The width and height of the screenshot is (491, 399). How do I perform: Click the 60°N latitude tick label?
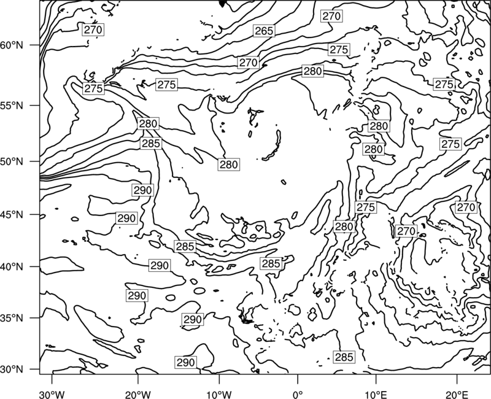pos(12,45)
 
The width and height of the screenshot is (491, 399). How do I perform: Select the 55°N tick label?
pos(12,105)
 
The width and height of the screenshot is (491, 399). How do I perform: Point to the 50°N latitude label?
pos(12,161)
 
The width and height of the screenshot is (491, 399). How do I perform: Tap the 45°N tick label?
pos(12,214)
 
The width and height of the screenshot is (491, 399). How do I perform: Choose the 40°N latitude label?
pos(12,266)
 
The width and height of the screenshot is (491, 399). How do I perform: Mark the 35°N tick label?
pos(12,318)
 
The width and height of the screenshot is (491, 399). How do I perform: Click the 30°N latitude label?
pos(12,370)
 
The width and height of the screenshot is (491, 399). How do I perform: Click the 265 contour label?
pos(264,31)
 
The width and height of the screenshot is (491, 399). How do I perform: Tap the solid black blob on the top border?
pos(222,3)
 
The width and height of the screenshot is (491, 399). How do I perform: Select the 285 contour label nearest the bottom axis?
pos(344,357)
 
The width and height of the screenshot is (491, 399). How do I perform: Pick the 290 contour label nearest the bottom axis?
pos(186,362)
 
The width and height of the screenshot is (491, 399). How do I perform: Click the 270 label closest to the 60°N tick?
pos(93,29)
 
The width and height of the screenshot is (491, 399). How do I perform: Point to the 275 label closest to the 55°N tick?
pos(94,88)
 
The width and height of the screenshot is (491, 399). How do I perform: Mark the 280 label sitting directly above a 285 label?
pos(148,124)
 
